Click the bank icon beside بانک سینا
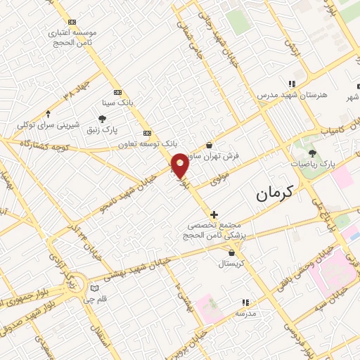click(117, 92)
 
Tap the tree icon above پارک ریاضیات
click(313, 154)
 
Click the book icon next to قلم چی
click(95, 288)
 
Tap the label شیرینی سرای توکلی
click(46, 124)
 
